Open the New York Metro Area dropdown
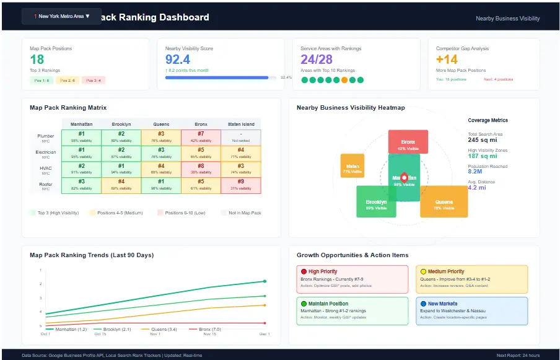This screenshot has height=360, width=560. tap(61, 16)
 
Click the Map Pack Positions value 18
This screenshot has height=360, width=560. tap(37, 59)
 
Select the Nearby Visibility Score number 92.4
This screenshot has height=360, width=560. tap(178, 59)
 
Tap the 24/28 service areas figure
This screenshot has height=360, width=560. tap(317, 59)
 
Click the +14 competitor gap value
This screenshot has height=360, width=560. tap(447, 59)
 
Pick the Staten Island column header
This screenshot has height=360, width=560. tap(241, 124)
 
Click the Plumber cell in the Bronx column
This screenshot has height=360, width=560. tap(201, 137)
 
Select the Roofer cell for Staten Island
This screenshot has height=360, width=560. tap(241, 185)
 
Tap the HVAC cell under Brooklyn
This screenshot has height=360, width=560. tap(121, 169)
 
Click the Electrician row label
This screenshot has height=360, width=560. tap(46, 153)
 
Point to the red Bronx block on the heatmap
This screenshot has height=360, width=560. tap(408, 142)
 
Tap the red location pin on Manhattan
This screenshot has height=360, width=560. tap(405, 177)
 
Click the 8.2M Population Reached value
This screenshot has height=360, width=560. tap(479, 172)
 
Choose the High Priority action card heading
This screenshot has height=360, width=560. tap(323, 271)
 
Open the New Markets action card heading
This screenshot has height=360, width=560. tap(444, 304)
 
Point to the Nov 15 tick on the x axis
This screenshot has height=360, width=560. tap(210, 334)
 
